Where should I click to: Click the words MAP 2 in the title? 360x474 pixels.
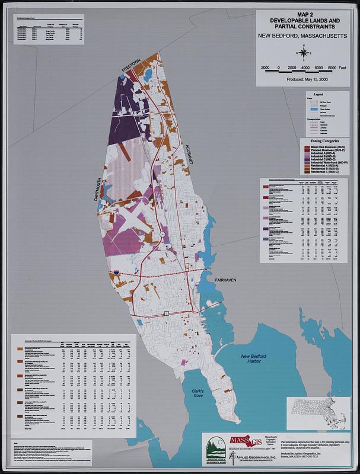click(305, 14)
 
